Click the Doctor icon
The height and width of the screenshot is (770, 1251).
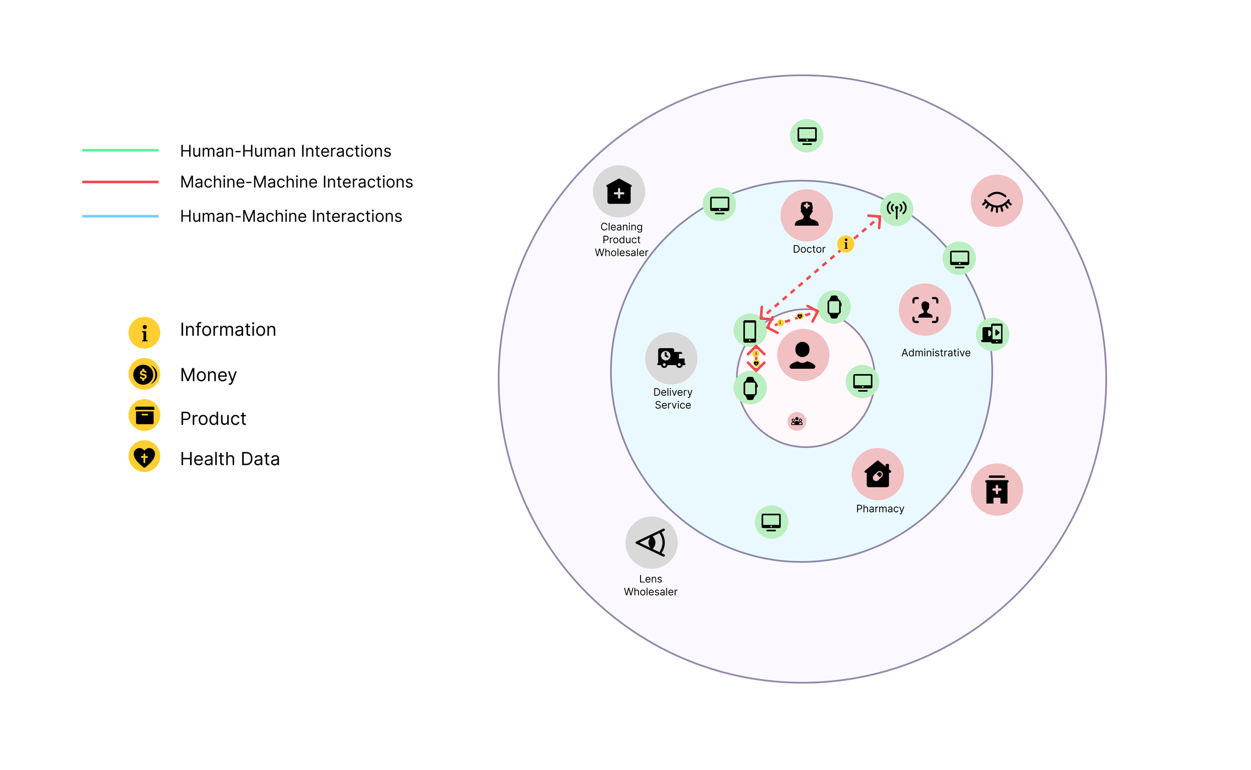point(806,215)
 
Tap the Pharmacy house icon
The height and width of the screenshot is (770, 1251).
point(878,474)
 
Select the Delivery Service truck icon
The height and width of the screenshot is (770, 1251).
point(671,358)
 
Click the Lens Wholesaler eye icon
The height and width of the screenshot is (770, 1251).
point(651,542)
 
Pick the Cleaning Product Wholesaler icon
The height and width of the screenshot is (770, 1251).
point(619,192)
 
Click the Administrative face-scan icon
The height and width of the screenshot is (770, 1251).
point(925,310)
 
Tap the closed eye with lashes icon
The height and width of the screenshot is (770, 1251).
point(996,201)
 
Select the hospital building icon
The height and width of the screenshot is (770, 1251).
point(996,489)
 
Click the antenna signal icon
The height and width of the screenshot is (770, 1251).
point(897,209)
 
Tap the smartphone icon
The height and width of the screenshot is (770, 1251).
point(750,331)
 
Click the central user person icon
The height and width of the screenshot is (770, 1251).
point(803,355)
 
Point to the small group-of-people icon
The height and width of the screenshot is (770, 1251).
point(797,421)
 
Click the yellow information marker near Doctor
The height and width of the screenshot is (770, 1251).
point(846,244)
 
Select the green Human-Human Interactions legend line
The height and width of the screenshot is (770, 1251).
point(120,150)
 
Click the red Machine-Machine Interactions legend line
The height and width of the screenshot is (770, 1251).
point(120,182)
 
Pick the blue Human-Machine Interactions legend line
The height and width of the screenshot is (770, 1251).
point(120,217)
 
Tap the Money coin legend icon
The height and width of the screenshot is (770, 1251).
point(144,374)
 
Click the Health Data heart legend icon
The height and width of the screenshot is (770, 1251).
point(144,456)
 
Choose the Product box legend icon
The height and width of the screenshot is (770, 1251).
point(144,415)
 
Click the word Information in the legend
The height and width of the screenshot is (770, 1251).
point(228,330)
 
